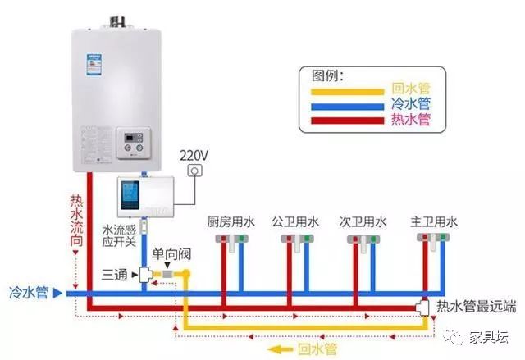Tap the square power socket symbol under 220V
point(195,171)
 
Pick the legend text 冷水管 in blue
point(410,104)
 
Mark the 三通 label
point(115,274)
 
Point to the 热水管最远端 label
point(477,307)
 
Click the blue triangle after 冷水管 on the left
point(57,291)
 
